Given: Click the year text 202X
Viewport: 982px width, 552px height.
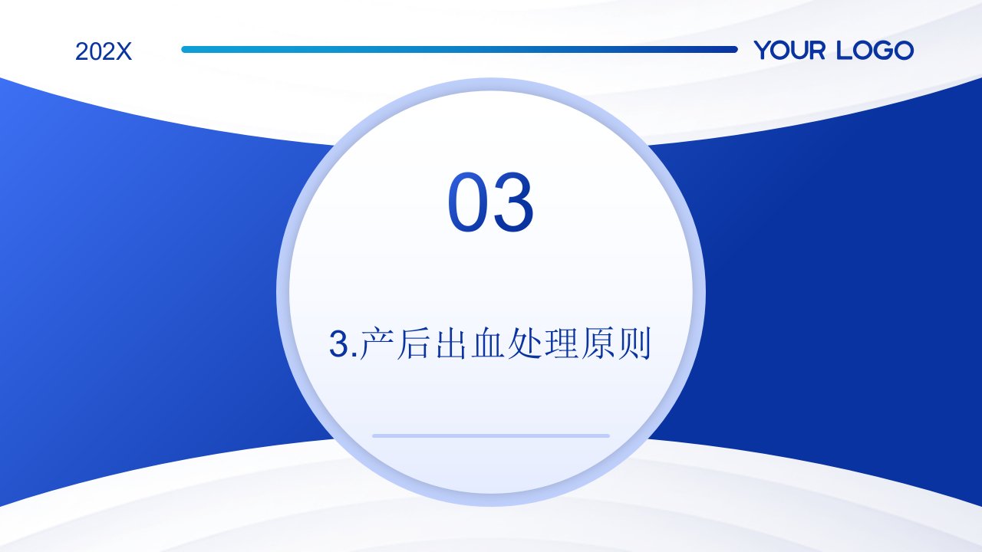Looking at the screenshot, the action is tap(104, 51).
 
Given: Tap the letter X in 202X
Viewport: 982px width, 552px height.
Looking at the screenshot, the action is tap(124, 51).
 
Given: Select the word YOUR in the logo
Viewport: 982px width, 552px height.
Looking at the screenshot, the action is tap(789, 50).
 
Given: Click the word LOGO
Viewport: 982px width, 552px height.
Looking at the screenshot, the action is tap(875, 50).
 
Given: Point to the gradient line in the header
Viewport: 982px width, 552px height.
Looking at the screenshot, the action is tap(460, 50).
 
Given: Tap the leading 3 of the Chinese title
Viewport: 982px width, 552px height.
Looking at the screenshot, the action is tap(339, 344).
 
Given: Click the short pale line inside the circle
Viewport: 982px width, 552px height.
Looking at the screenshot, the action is tap(491, 436).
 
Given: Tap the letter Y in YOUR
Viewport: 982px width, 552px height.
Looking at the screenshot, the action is tap(763, 50).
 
